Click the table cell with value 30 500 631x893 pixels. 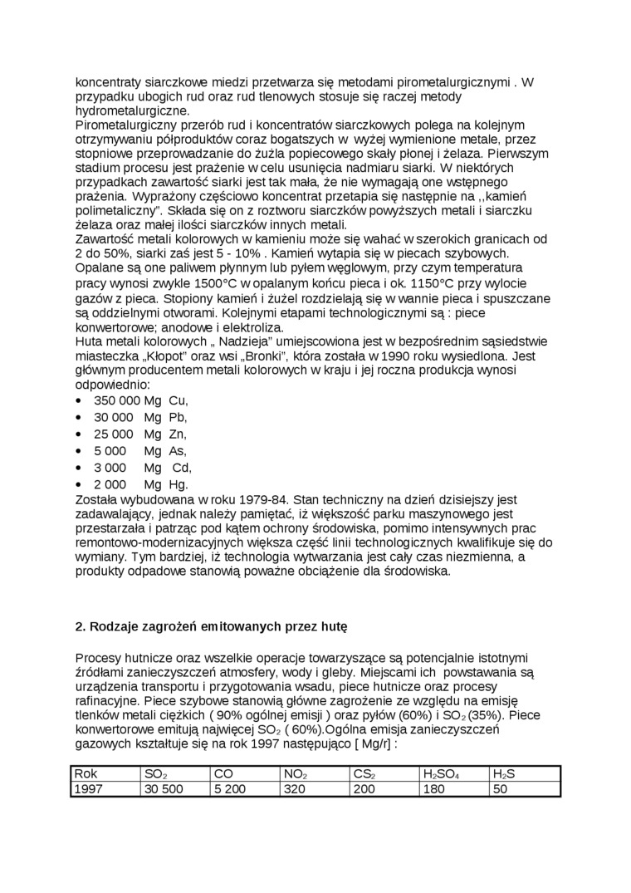click(x=164, y=789)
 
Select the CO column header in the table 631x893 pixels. click(x=223, y=774)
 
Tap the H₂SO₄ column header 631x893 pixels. click(x=440, y=774)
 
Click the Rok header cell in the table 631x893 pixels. click(x=86, y=774)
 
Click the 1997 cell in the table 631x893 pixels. click(x=89, y=789)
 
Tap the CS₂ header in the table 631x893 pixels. click(x=364, y=774)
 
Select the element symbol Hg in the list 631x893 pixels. click(x=179, y=483)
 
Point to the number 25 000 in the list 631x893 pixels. click(x=113, y=434)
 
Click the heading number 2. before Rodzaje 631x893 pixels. click(x=81, y=627)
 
